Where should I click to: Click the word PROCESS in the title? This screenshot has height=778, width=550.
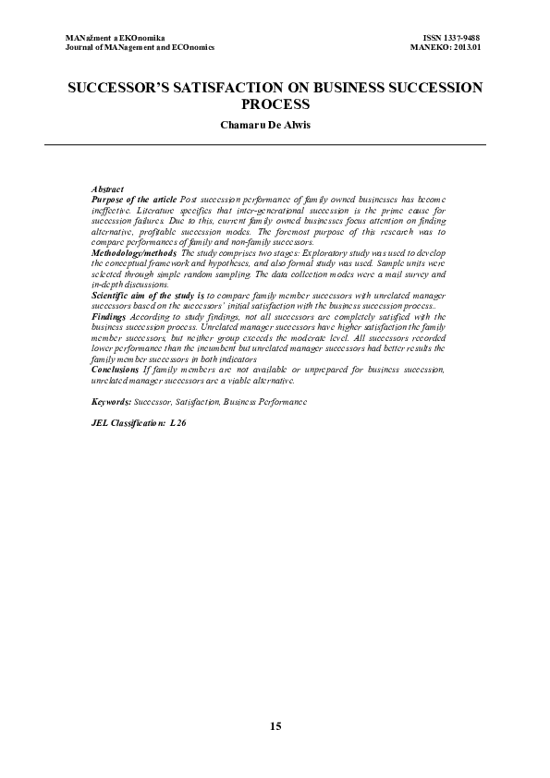pyautogui.click(x=275, y=105)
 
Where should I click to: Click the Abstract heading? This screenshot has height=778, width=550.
pyautogui.click(x=107, y=189)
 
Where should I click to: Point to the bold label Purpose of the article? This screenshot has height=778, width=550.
pyautogui.click(x=134, y=200)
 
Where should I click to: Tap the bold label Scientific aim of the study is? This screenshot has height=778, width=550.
pyautogui.click(x=148, y=294)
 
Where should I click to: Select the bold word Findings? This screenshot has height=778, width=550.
pyautogui.click(x=110, y=316)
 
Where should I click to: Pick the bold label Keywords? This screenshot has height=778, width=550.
pyautogui.click(x=113, y=402)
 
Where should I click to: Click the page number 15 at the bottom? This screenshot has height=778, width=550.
pyautogui.click(x=275, y=726)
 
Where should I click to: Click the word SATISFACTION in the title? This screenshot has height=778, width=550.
pyautogui.click(x=230, y=89)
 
